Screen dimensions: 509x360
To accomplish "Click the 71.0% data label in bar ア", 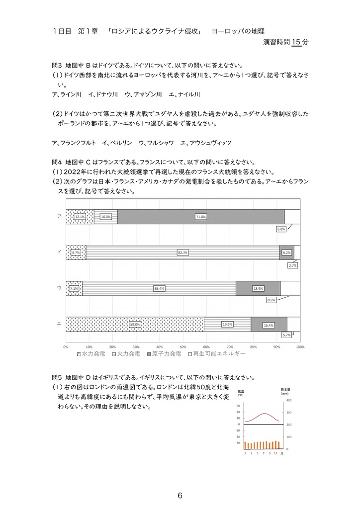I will pos(201,217).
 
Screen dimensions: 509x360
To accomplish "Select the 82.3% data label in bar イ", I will pos(182,253).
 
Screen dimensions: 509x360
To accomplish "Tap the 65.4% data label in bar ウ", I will pos(159,288).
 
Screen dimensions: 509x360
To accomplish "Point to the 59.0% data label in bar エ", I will pos(135,324).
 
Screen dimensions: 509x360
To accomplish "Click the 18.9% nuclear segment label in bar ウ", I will pos(258,288).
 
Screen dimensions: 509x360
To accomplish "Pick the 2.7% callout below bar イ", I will pos(292,265).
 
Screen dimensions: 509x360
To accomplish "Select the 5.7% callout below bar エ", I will pos(286,335).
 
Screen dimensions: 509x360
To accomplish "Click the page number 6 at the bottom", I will pos(180,496).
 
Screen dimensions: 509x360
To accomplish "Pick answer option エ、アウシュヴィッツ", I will pos(206,143).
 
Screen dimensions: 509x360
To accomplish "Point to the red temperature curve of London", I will pos(264,414).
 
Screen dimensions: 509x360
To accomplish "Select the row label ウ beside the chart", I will pos(59,288).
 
